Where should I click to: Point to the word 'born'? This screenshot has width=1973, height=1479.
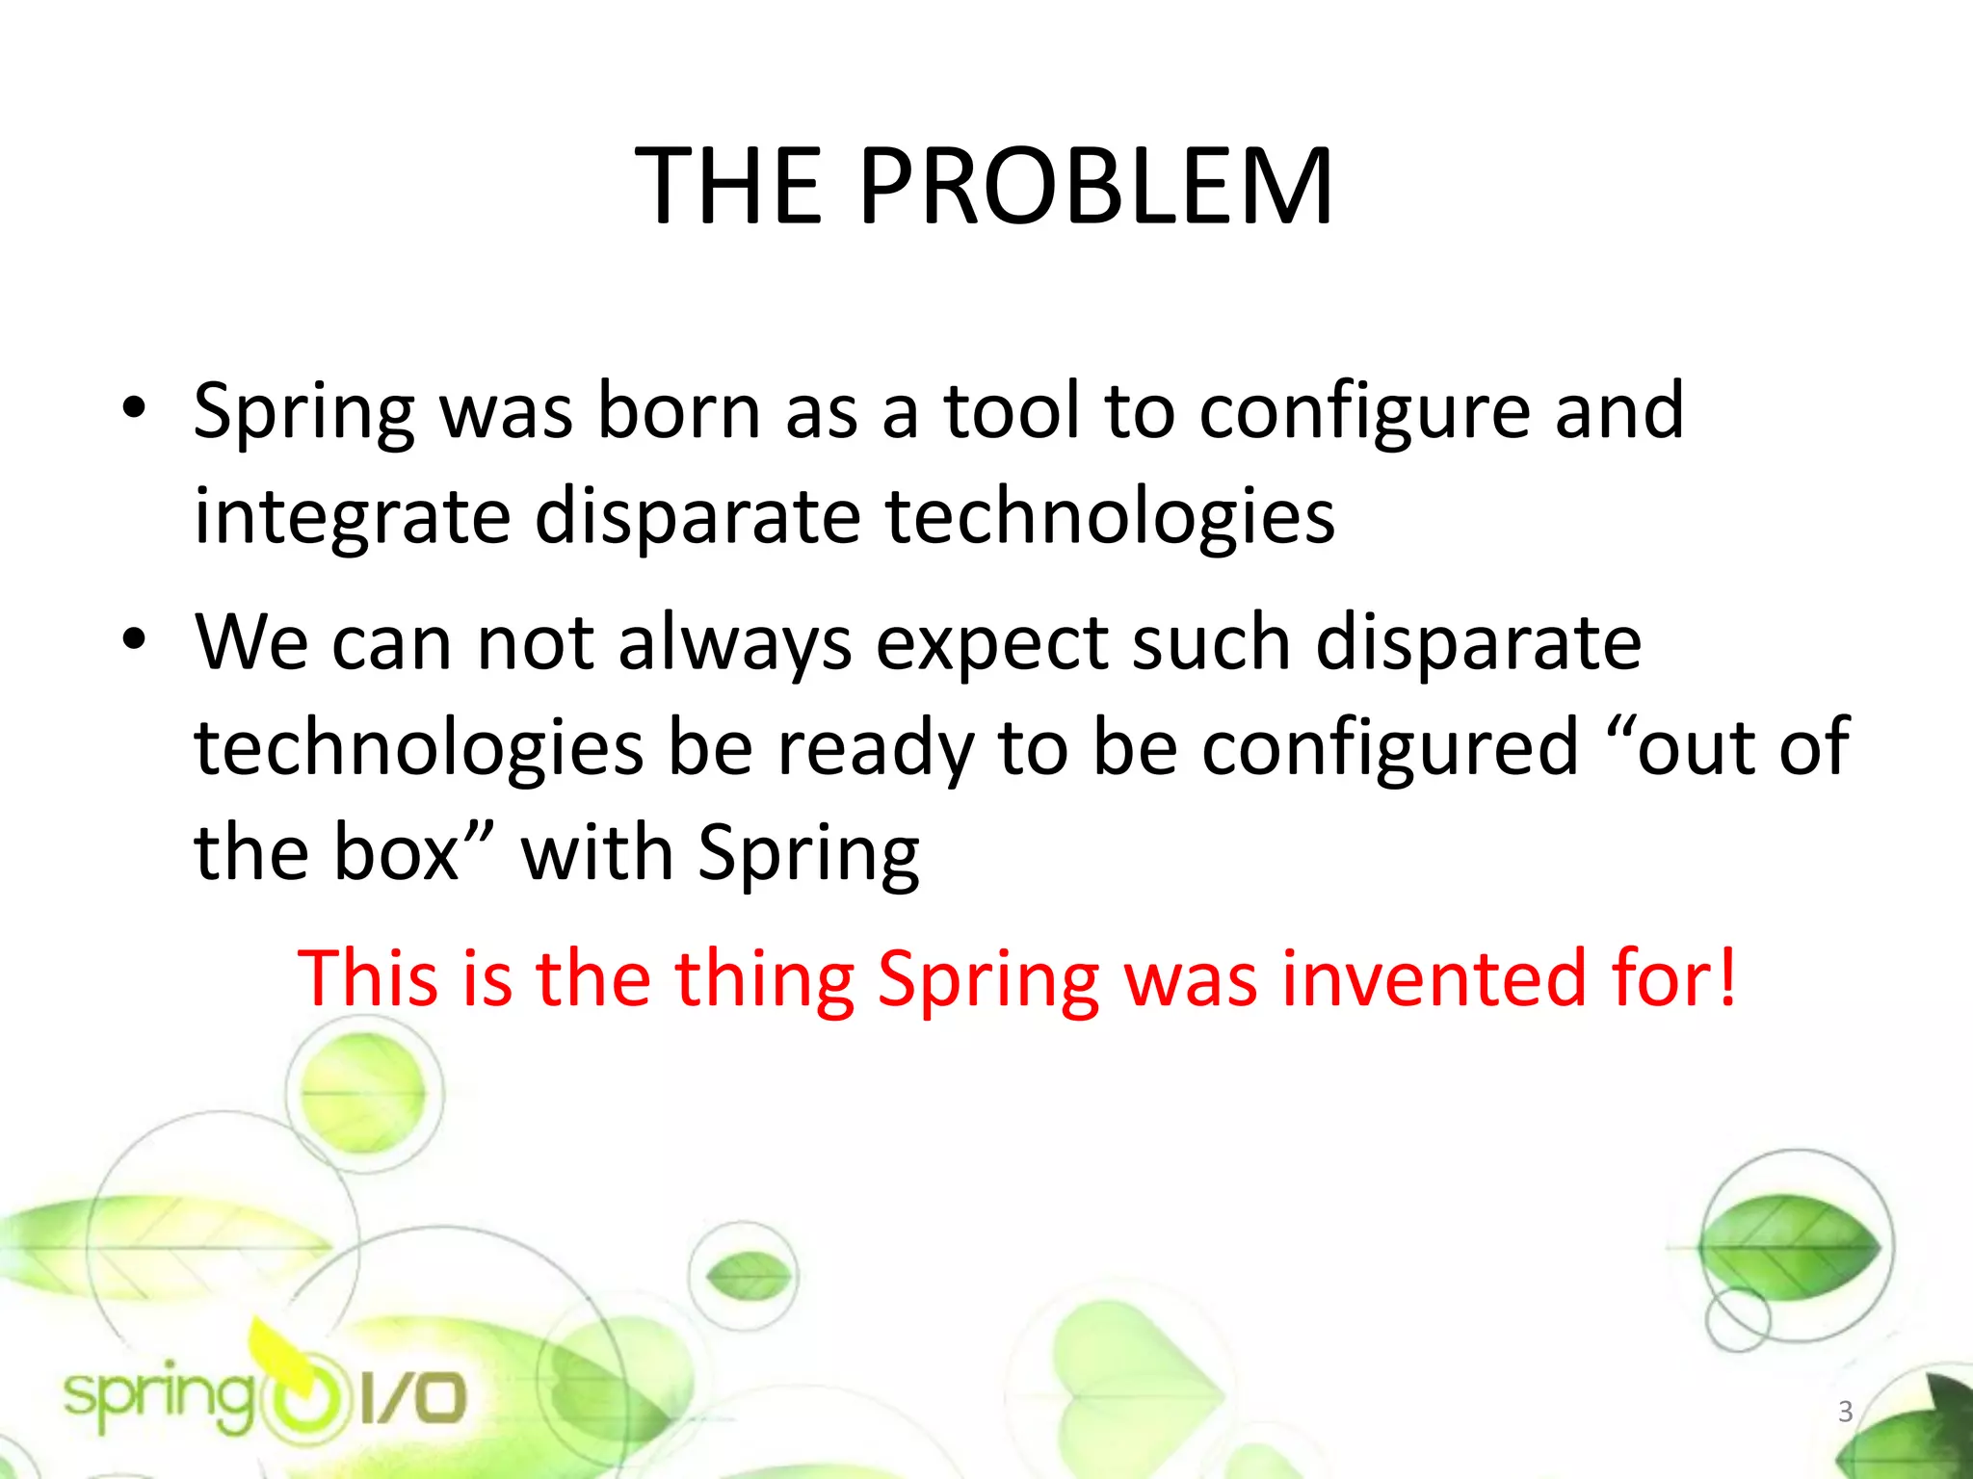679,412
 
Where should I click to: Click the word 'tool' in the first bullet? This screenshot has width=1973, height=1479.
1011,412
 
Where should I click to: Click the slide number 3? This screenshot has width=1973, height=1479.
1845,1411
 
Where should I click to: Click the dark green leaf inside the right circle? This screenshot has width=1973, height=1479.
1789,1249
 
